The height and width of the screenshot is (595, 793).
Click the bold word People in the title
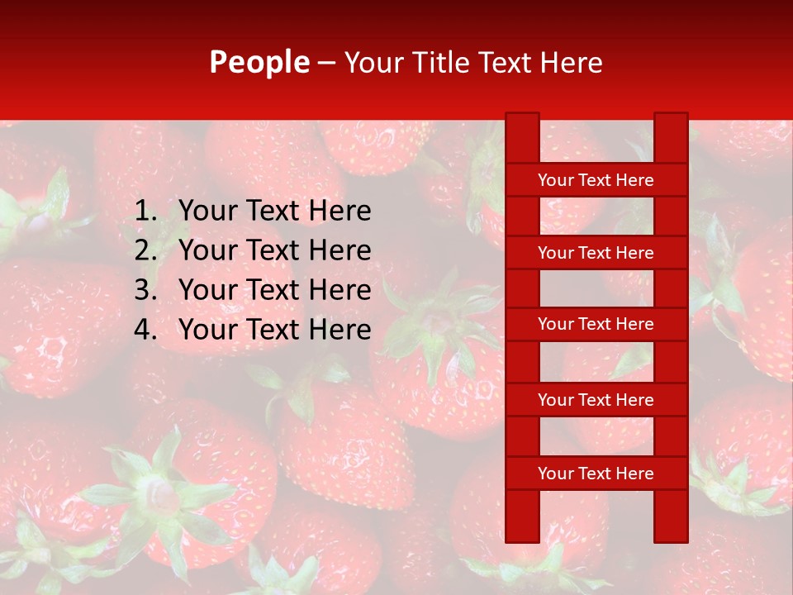[x=259, y=62]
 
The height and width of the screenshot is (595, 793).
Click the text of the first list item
[x=274, y=212]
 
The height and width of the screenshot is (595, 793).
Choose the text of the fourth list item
[x=274, y=330]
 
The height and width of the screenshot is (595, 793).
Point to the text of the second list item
[x=274, y=250]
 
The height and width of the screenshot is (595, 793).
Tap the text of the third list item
[x=274, y=290]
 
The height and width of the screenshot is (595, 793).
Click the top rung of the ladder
[x=596, y=180]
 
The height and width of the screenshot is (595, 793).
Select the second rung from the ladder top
[x=596, y=253]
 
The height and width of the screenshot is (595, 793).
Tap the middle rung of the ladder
[x=596, y=325]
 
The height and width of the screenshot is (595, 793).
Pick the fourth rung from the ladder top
[x=596, y=400]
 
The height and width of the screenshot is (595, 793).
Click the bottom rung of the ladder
[x=596, y=474]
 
